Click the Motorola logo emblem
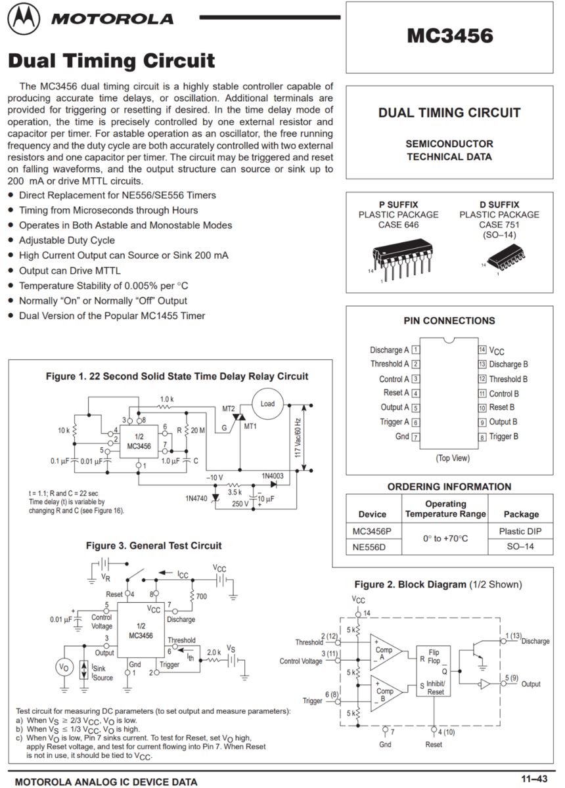(x=23, y=20)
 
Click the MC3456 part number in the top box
(x=449, y=35)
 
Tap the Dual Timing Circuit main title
(x=111, y=62)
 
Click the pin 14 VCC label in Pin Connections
(x=497, y=351)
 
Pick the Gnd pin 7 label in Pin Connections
(x=402, y=437)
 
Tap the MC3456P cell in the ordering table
(x=372, y=531)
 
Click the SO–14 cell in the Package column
(x=520, y=546)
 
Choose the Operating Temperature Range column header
(x=445, y=509)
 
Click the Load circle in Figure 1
(x=267, y=403)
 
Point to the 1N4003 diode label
(x=273, y=475)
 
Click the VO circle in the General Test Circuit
(x=64, y=667)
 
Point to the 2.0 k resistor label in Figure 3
(x=214, y=653)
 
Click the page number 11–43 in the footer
(x=534, y=779)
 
